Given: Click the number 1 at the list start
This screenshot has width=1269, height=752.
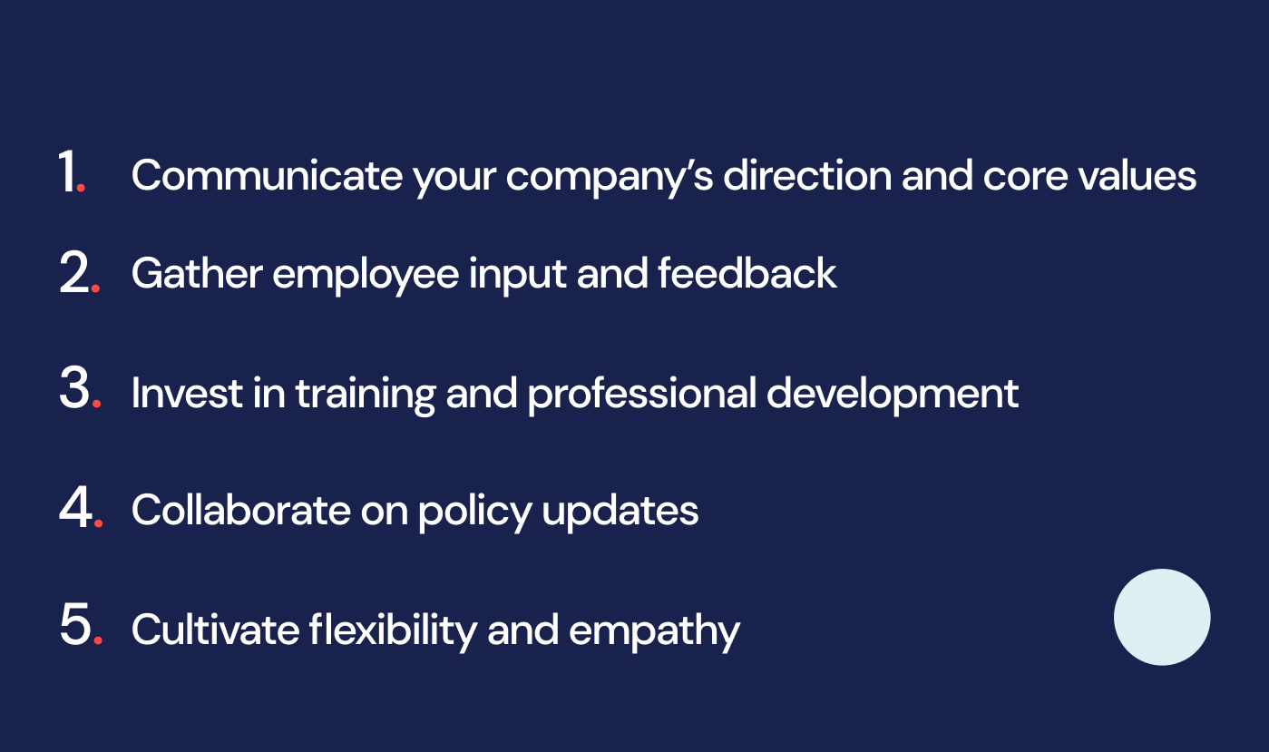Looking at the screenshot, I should click(x=68, y=172).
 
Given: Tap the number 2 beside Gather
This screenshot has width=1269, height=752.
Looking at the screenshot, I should click(x=75, y=275).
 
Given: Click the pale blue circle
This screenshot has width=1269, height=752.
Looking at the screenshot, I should click(x=1161, y=617).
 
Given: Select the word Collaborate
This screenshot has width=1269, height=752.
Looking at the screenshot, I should click(x=239, y=510).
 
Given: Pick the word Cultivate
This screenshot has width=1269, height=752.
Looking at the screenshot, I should click(x=213, y=629).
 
